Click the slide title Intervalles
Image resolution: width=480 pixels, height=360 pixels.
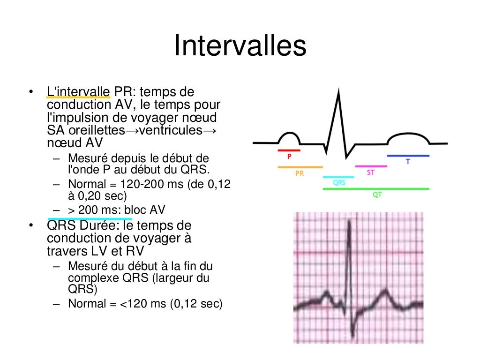coord(240,45)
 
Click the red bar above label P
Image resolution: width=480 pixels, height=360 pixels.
coord(289,150)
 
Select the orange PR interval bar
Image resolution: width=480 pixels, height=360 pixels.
coord(300,167)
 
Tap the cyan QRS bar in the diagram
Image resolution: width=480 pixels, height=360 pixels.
coord(339,177)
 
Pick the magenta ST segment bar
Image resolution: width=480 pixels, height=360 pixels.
coord(371,166)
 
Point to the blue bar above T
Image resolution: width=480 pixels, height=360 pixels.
coord(408,155)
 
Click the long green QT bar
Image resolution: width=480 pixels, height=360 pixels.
coord(376,189)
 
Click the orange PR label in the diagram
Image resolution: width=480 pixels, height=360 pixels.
coord(300,173)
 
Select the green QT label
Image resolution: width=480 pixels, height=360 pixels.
coord(377,195)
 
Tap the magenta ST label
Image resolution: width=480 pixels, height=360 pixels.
coord(371,172)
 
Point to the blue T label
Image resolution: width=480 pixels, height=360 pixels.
coord(408,162)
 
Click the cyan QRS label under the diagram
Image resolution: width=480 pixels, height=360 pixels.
coord(339,183)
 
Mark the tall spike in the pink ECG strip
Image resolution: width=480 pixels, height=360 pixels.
coord(349,225)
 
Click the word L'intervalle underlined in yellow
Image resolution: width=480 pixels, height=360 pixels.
coord(78,91)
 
